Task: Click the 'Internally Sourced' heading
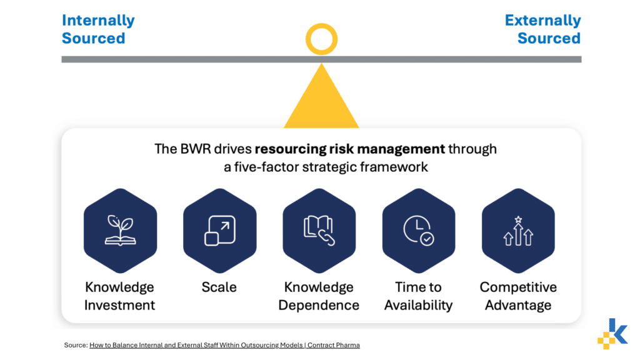98,29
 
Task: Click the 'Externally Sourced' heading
543,29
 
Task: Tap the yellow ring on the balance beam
322,24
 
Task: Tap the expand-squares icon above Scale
220,231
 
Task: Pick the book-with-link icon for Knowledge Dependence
319,231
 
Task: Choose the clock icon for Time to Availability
418,231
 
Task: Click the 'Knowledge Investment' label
119,296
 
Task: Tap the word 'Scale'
219,287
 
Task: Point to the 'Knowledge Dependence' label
319,296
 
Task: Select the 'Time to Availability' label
418,296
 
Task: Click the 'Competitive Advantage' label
518,296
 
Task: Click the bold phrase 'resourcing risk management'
350,149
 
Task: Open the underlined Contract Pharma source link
224,345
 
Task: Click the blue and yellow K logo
612,334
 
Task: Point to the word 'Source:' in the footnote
76,345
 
